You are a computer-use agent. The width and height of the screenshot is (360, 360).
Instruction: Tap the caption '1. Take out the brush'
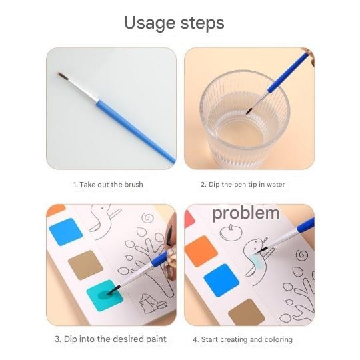tap(108, 184)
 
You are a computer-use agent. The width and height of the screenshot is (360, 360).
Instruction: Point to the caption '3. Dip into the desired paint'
tap(111, 339)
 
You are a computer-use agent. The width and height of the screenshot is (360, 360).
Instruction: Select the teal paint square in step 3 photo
tap(103, 294)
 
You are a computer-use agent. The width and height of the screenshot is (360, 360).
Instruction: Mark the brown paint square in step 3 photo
tap(86, 264)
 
